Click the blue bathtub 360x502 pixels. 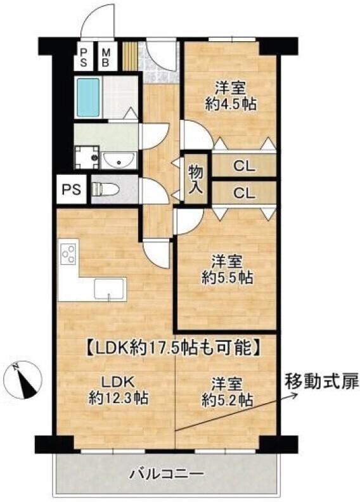coord(87,98)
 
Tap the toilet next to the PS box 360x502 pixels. coord(105,190)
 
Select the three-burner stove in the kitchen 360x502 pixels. coord(69,254)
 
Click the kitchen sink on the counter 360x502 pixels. coord(109,289)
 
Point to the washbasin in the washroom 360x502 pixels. coord(119,160)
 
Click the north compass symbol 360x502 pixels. coord(25,379)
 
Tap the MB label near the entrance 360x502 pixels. coord(105,57)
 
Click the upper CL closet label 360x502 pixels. coord(244,166)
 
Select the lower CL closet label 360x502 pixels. coord(244,193)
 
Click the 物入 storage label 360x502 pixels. coord(195,179)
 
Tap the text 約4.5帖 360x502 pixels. coord(231,104)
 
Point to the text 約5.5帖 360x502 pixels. coord(227,278)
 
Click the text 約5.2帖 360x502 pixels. coord(227,399)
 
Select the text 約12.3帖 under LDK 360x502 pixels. coord(118,398)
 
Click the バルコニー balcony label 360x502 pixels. coord(167,473)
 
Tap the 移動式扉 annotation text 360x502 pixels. coord(322,382)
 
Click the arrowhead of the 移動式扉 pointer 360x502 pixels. coord(295,395)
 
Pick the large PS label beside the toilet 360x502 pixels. coord(71,190)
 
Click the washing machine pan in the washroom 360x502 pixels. coord(86,157)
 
